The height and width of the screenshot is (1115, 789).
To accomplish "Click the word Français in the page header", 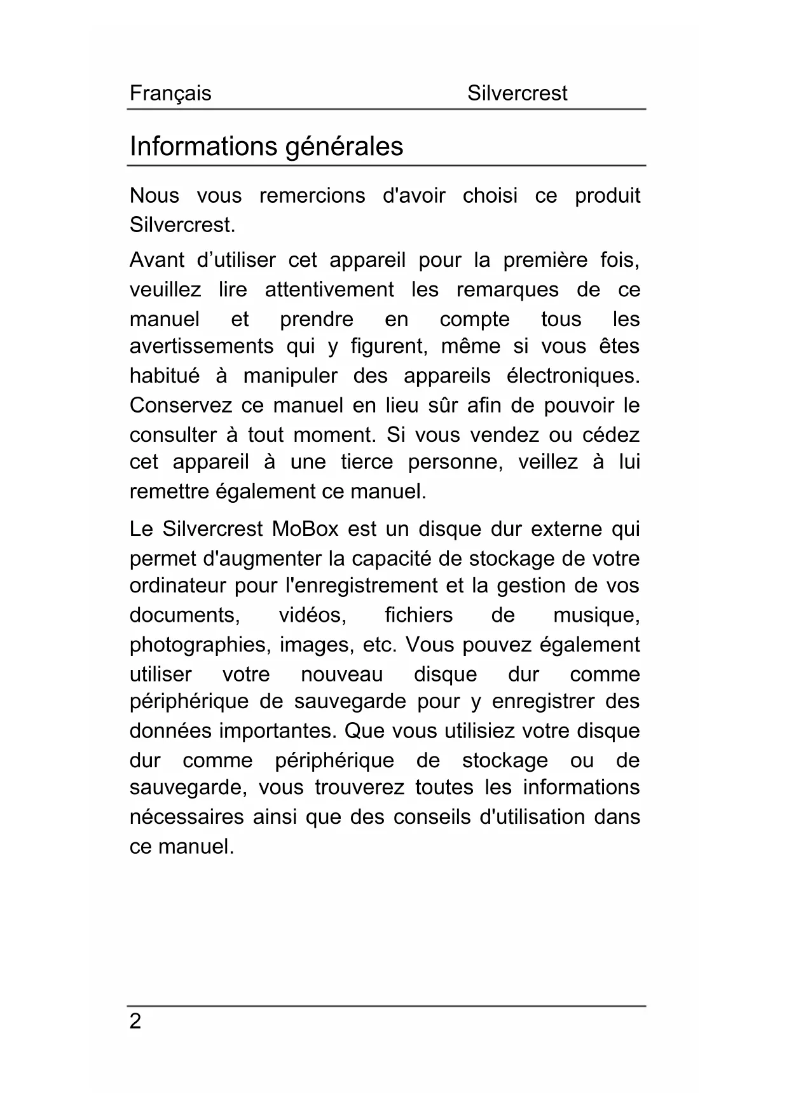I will [170, 93].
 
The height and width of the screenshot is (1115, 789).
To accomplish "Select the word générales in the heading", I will [343, 147].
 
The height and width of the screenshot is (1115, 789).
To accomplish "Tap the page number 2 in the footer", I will [135, 1022].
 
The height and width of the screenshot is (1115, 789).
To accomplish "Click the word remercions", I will [312, 196].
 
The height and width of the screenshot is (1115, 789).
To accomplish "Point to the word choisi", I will [490, 196].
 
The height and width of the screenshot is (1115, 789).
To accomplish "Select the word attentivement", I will [329, 291].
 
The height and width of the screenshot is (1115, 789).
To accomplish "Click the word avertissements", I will [202, 346].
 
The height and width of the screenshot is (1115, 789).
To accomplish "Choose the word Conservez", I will [182, 406].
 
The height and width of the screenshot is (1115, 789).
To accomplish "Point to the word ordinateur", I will [178, 585].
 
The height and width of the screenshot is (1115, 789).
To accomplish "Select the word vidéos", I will [312, 615].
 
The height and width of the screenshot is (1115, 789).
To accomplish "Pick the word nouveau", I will [342, 674].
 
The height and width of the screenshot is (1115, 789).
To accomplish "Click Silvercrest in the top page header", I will [517, 93].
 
